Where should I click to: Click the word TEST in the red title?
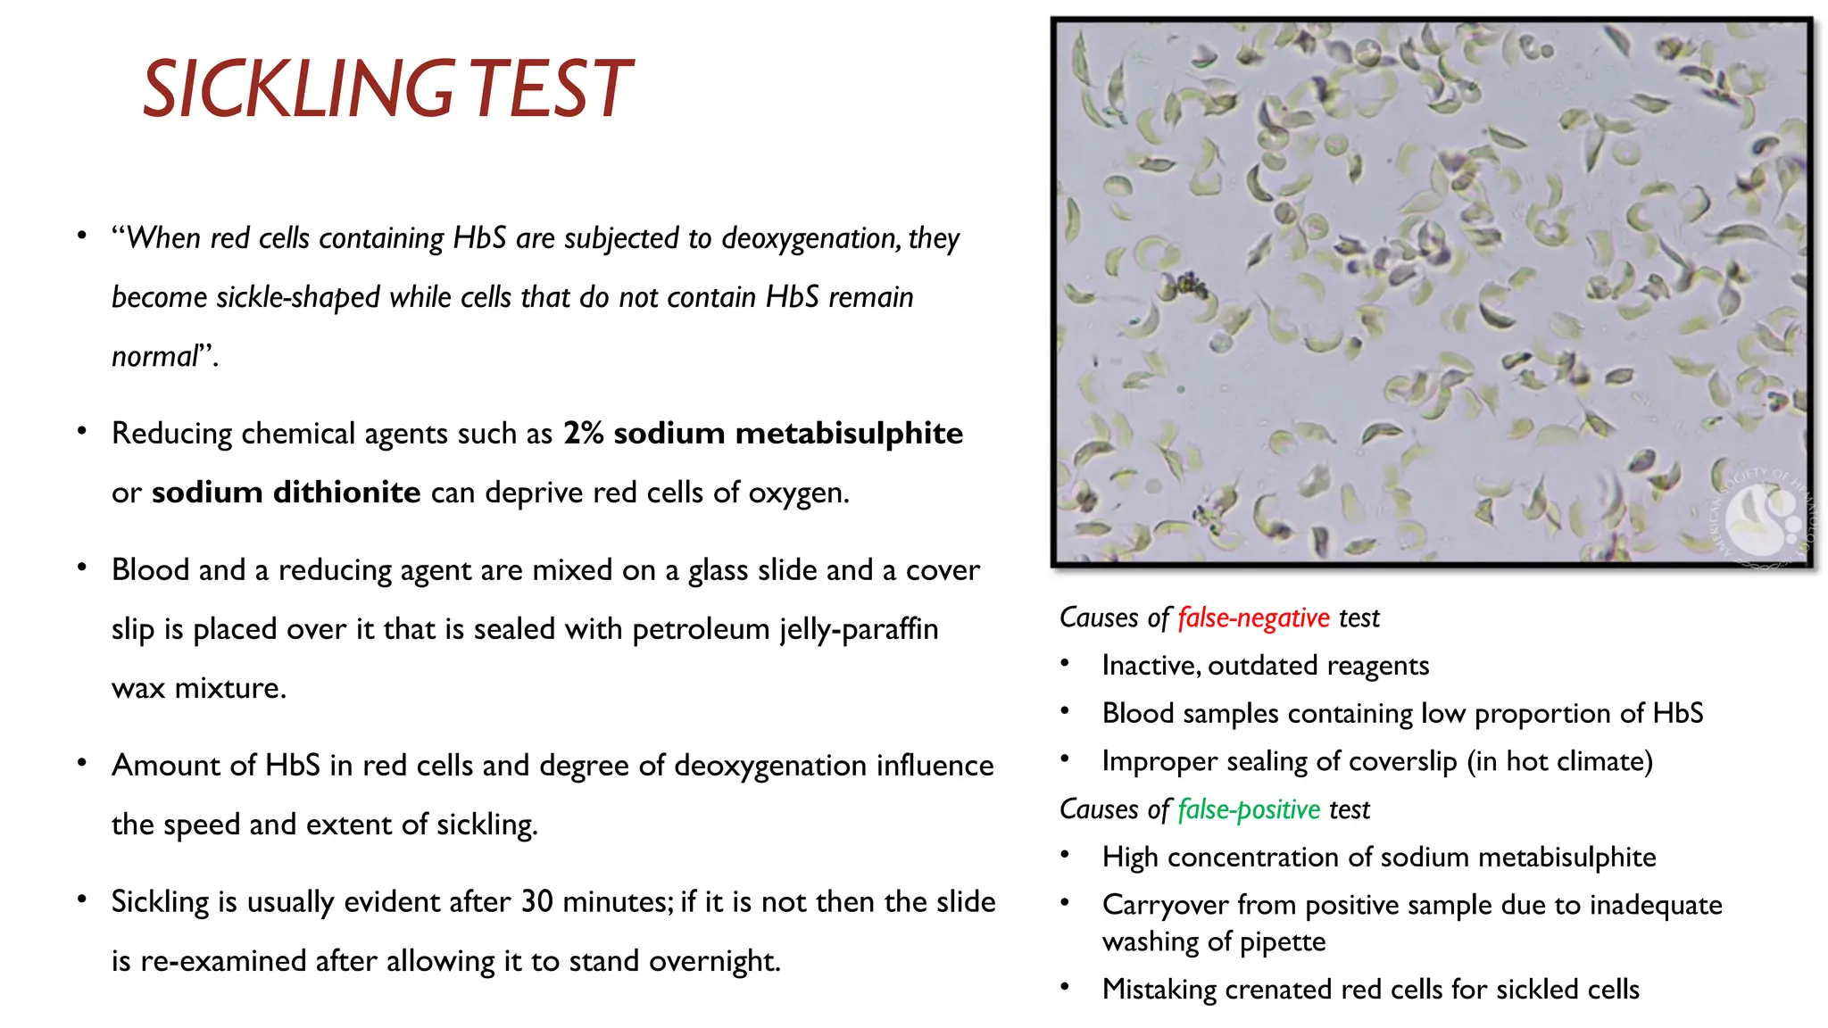coord(550,88)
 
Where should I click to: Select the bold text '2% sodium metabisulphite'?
coord(762,433)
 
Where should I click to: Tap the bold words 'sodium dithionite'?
coord(286,492)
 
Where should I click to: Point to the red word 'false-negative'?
coord(1253,618)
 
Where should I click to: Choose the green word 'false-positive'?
coord(1248,808)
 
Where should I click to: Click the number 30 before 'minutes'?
coord(537,901)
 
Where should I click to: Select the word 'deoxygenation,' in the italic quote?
coord(810,238)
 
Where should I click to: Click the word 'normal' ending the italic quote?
coord(154,356)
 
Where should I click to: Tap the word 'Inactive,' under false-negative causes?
coord(1151,666)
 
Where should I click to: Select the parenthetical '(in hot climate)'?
coord(1560,761)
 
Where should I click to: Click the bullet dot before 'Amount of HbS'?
coord(82,763)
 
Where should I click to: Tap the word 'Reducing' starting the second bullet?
coord(172,434)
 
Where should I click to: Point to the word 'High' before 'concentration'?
coord(1130,858)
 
